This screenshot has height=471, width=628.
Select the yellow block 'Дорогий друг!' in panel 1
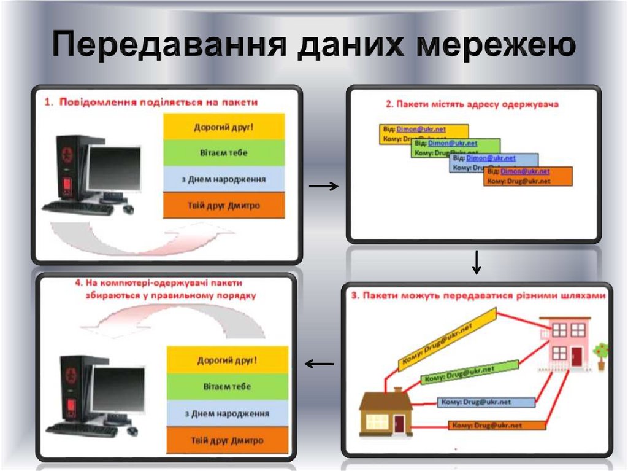(x=224, y=127)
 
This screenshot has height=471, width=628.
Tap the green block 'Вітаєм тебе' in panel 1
(x=224, y=153)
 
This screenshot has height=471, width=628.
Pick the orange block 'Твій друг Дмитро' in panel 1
(x=224, y=206)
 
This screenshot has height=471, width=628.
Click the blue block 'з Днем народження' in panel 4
(x=227, y=413)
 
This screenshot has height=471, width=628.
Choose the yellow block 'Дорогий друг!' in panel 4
(x=227, y=360)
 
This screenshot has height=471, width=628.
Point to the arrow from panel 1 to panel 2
(x=323, y=186)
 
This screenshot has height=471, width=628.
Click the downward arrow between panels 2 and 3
(x=477, y=262)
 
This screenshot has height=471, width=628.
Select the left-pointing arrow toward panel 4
(x=319, y=364)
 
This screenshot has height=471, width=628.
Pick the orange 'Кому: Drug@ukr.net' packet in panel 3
(x=497, y=425)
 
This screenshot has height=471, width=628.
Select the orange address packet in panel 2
(x=527, y=176)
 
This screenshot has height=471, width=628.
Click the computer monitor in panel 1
(x=105, y=169)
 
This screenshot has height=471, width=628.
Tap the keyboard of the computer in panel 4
(x=82, y=429)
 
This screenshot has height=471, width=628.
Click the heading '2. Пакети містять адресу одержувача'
(x=472, y=104)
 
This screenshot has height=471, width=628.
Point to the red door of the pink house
(x=576, y=356)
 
